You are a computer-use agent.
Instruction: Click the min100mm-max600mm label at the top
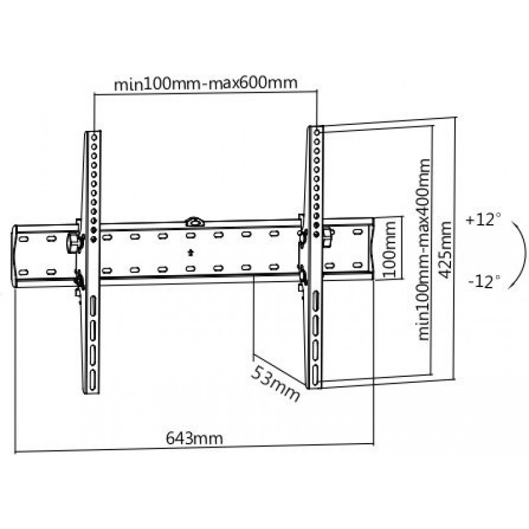[206, 83]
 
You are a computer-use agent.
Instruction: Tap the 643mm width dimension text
[194, 438]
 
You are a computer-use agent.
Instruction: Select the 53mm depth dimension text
[275, 384]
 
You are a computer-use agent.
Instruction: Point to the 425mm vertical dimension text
[445, 250]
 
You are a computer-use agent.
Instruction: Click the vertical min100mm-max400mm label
[424, 249]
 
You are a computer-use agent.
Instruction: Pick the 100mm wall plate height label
[389, 249]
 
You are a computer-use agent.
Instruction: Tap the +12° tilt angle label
[483, 220]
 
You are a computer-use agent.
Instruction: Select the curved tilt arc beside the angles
[525, 254]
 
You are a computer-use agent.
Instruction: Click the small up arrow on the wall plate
[190, 253]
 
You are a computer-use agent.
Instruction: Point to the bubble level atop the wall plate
[195, 222]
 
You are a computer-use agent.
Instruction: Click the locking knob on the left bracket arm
[75, 242]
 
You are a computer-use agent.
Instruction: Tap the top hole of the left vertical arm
[94, 138]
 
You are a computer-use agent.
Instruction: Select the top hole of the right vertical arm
[317, 133]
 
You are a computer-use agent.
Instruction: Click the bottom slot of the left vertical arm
[93, 380]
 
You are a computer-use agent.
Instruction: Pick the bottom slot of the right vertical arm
[315, 375]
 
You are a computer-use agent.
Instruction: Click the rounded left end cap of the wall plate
[15, 257]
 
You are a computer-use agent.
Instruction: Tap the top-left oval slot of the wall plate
[23, 239]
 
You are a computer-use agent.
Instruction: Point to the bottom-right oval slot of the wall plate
[358, 265]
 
